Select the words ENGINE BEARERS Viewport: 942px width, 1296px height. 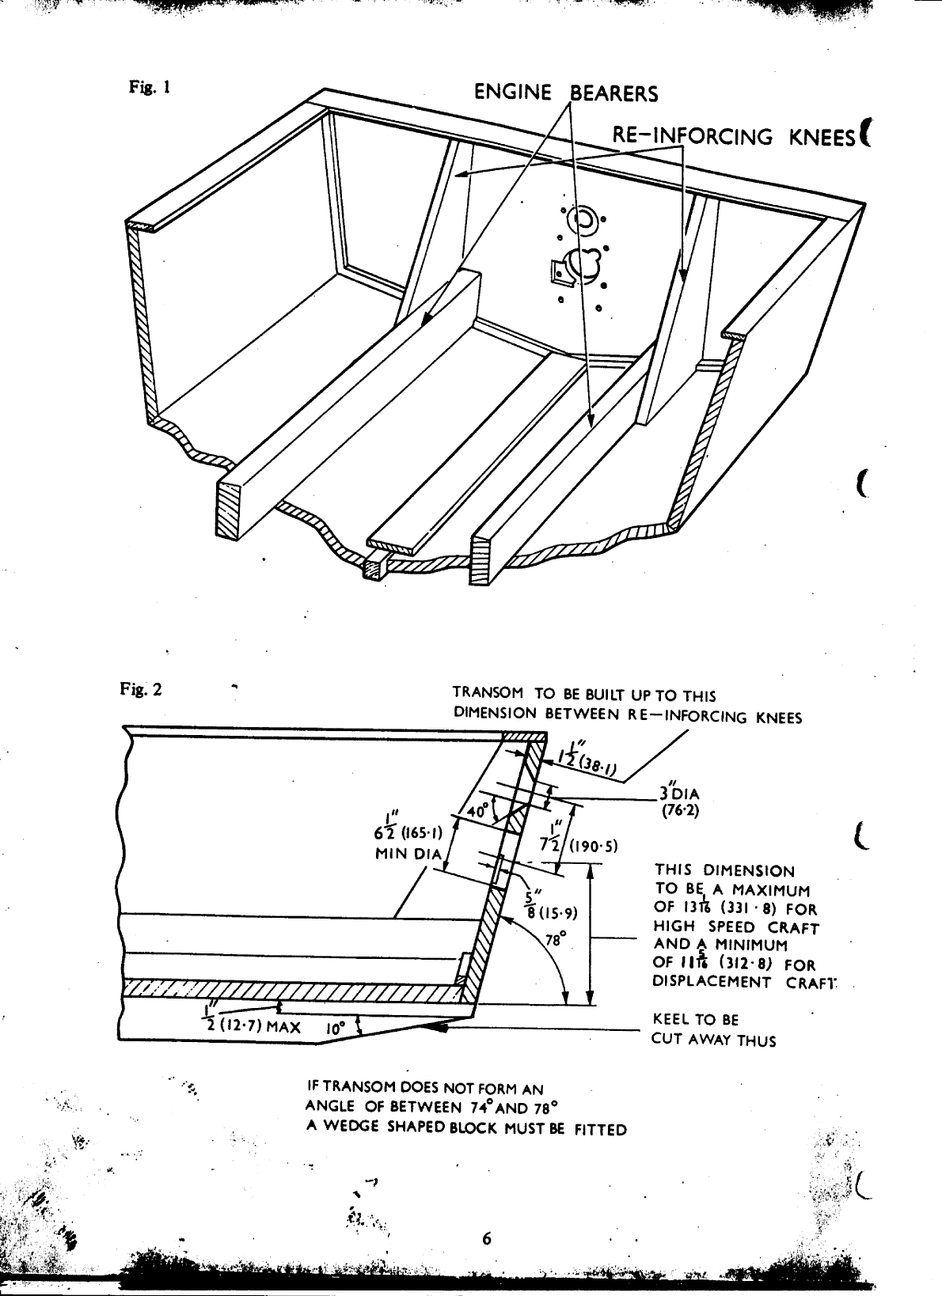[565, 93]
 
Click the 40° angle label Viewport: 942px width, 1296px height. [477, 811]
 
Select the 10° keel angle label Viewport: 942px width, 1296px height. [333, 1030]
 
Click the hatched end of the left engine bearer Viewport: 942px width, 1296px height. [229, 511]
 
